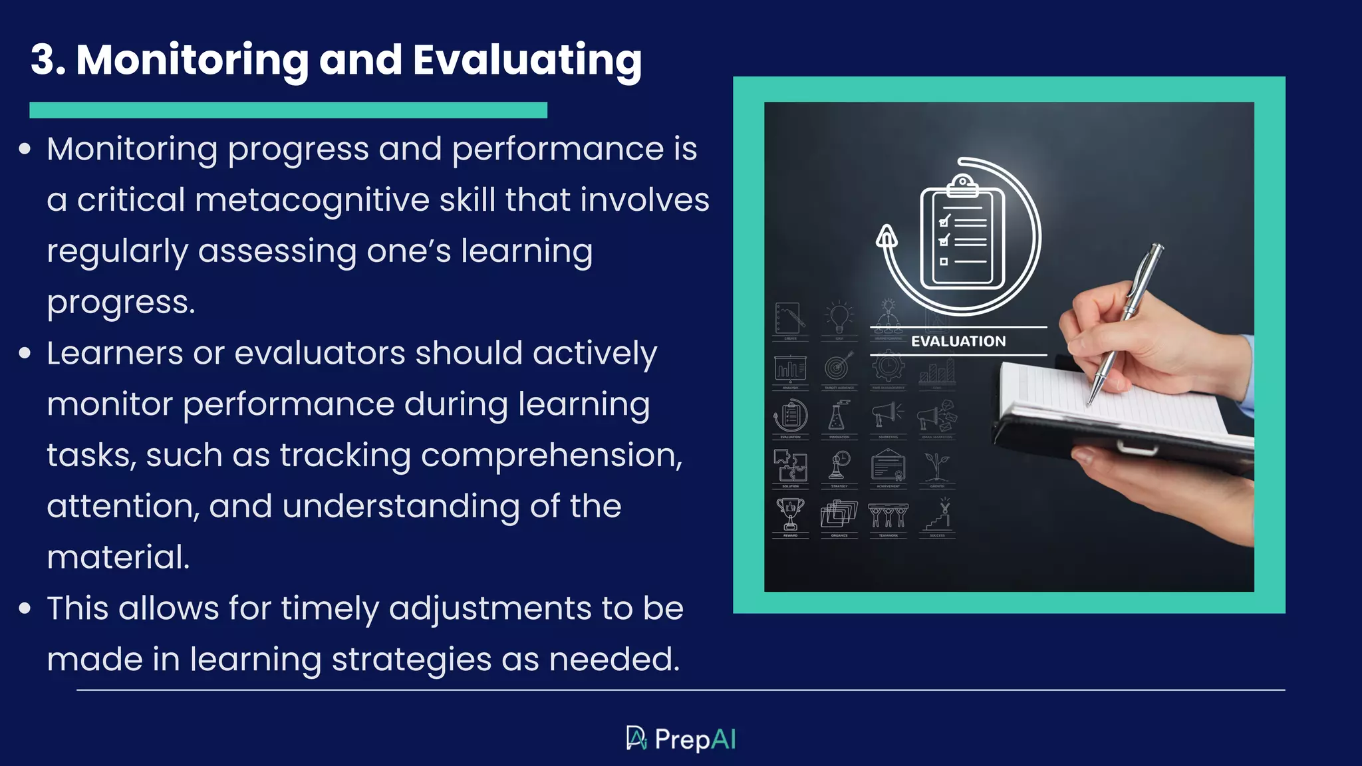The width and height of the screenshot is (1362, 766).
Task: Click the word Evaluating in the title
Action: [527, 61]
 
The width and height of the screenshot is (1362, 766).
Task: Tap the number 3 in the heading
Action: [44, 60]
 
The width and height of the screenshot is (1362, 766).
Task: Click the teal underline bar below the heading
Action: [288, 110]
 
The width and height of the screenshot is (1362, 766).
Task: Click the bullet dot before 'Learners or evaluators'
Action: [25, 353]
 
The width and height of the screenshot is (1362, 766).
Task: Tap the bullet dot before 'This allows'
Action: [25, 608]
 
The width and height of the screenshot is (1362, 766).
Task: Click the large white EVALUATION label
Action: [958, 341]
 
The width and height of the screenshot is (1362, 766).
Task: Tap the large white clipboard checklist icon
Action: [962, 234]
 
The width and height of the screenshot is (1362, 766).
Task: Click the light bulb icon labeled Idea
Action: [839, 318]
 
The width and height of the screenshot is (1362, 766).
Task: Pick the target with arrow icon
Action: [839, 366]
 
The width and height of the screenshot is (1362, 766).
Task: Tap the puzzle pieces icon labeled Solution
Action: [790, 465]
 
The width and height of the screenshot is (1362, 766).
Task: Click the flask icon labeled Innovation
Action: [839, 416]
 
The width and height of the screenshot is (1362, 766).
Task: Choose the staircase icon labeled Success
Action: [938, 515]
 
